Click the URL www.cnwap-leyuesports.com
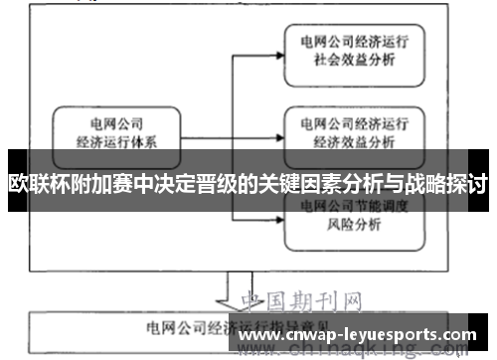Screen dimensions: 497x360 [x=359, y=335]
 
